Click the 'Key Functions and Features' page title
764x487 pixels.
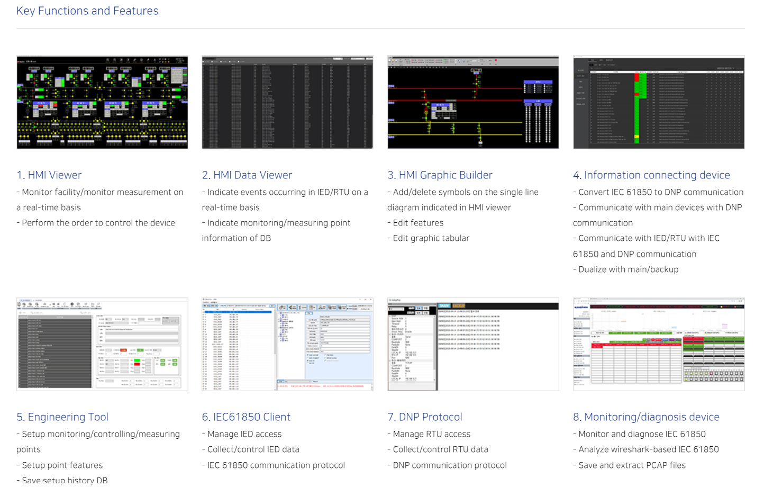point(87,11)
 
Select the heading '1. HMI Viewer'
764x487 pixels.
point(49,175)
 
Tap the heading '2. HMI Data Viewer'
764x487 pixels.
point(247,175)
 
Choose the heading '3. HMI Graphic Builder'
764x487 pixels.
point(440,175)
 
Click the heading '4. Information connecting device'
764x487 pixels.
point(651,175)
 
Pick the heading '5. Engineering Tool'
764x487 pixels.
point(62,417)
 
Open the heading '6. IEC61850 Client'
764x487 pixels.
point(246,417)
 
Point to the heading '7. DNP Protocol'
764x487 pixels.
point(425,417)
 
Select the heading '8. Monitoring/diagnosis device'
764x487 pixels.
point(646,417)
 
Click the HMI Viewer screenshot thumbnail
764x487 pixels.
point(102,102)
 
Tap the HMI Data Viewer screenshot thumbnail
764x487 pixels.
point(287,102)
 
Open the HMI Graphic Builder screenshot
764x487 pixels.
point(473,102)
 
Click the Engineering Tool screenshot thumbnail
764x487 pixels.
point(102,344)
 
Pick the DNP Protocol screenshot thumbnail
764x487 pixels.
point(473,344)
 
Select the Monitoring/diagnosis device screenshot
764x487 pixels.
point(659,344)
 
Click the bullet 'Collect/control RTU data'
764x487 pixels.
point(440,449)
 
